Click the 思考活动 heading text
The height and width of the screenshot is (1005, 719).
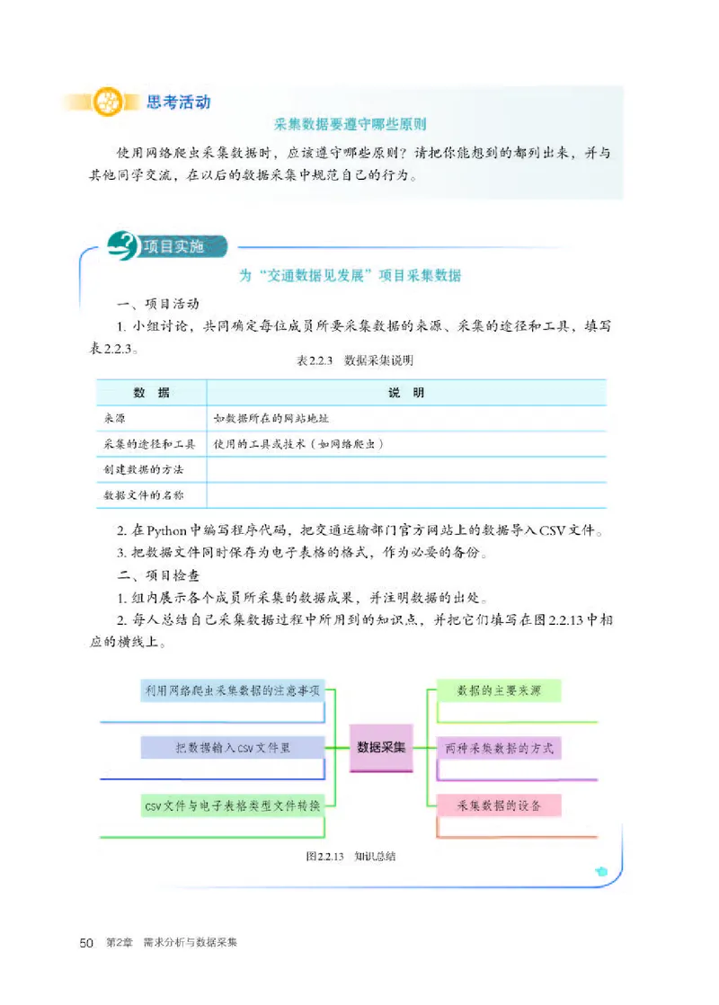178,101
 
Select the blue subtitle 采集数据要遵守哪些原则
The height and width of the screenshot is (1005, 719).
350,125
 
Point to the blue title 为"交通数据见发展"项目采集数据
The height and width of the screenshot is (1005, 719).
350,275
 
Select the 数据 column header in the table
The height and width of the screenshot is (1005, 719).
150,393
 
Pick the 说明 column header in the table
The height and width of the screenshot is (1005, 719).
406,393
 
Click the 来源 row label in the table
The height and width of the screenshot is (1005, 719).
114,418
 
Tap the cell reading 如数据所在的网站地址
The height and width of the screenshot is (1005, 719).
277,418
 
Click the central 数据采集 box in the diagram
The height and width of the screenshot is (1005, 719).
381,747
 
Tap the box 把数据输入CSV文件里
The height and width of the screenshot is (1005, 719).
232,747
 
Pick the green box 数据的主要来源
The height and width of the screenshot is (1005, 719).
499,690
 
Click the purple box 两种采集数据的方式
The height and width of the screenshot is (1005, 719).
499,747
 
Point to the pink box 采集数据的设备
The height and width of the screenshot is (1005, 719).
499,805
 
